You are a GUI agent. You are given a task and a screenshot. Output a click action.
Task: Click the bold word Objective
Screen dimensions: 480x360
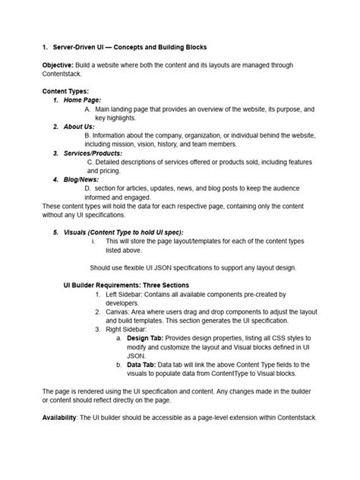58,66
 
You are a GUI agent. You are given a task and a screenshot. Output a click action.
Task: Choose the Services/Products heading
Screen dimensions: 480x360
98,153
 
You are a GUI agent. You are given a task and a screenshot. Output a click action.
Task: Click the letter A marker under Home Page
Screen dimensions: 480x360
87,109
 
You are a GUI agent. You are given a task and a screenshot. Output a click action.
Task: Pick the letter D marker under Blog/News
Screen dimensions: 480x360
87,188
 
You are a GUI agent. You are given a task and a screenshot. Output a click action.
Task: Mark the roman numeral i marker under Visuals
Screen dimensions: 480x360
93,241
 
